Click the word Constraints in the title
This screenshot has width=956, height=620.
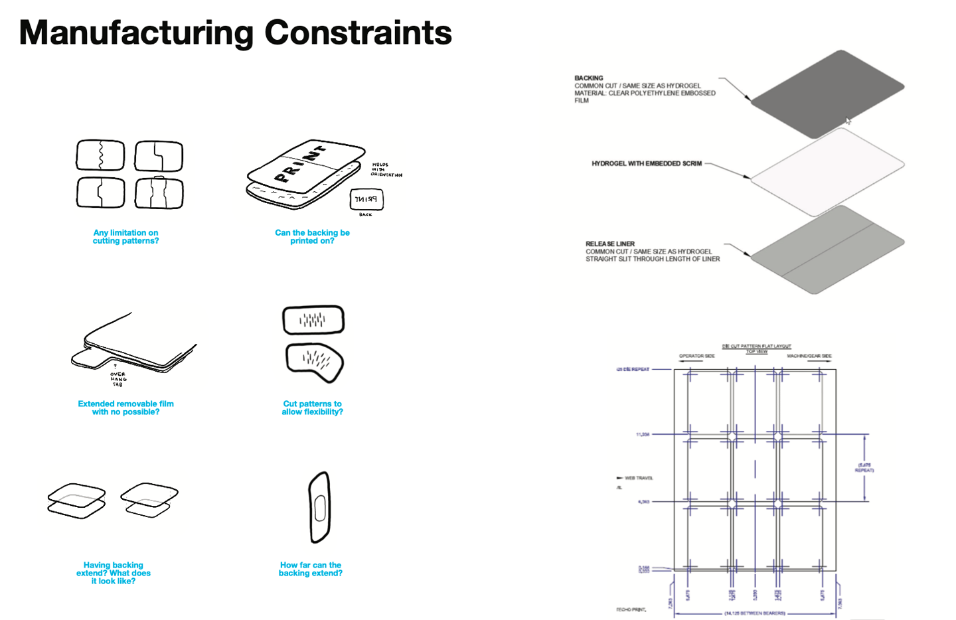[358, 33]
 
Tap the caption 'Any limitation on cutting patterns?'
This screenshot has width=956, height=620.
[125, 237]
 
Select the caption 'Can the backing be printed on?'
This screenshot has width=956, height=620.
[312, 237]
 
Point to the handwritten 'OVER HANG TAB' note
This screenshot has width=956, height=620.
[118, 378]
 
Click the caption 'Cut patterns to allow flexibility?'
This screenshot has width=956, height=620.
[312, 408]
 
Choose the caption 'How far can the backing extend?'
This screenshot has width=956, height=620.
[311, 569]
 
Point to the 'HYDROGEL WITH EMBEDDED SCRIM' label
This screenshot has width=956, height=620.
[647, 163]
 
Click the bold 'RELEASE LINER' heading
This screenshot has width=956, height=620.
[610, 244]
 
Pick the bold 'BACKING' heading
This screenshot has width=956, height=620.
[589, 78]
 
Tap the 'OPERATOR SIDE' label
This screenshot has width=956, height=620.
[696, 356]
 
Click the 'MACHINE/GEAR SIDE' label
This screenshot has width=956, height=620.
[809, 356]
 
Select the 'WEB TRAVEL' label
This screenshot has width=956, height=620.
[639, 478]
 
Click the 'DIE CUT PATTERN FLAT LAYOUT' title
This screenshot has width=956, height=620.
[756, 347]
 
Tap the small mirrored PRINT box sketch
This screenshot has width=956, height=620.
[366, 199]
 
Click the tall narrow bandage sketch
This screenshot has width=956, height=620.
[319, 508]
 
